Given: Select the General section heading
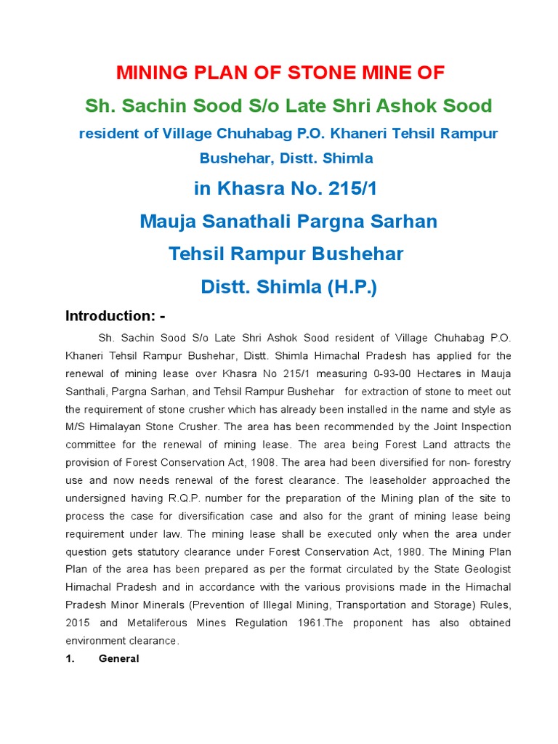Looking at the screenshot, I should (118, 658).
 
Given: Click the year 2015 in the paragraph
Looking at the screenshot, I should (78, 623).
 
